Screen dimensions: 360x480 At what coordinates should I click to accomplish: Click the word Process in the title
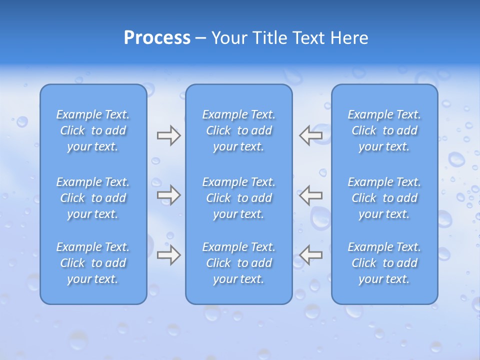[157, 38]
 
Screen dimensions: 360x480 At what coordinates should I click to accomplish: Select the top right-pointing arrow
[168, 135]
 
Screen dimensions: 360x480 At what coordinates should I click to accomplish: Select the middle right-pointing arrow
[168, 195]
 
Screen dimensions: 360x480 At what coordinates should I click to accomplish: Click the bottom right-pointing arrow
[168, 255]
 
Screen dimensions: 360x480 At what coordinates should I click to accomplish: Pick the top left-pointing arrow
[311, 135]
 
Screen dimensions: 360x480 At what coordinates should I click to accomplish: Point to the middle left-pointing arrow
[311, 195]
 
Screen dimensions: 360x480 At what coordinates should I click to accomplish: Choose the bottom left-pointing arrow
[311, 255]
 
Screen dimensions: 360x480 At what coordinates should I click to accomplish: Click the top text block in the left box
[93, 130]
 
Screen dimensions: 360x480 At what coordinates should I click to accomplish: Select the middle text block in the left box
[93, 198]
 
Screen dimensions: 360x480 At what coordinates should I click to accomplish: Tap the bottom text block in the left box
[93, 263]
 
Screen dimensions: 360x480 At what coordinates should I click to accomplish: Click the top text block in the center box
[239, 130]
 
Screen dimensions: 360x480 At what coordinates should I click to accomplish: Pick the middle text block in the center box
[239, 198]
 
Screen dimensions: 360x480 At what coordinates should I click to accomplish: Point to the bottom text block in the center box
[239, 263]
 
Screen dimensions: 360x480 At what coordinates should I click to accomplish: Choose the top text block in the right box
[384, 130]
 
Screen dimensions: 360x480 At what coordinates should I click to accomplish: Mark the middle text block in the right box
[384, 198]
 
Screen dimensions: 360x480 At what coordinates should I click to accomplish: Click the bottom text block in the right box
[384, 263]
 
